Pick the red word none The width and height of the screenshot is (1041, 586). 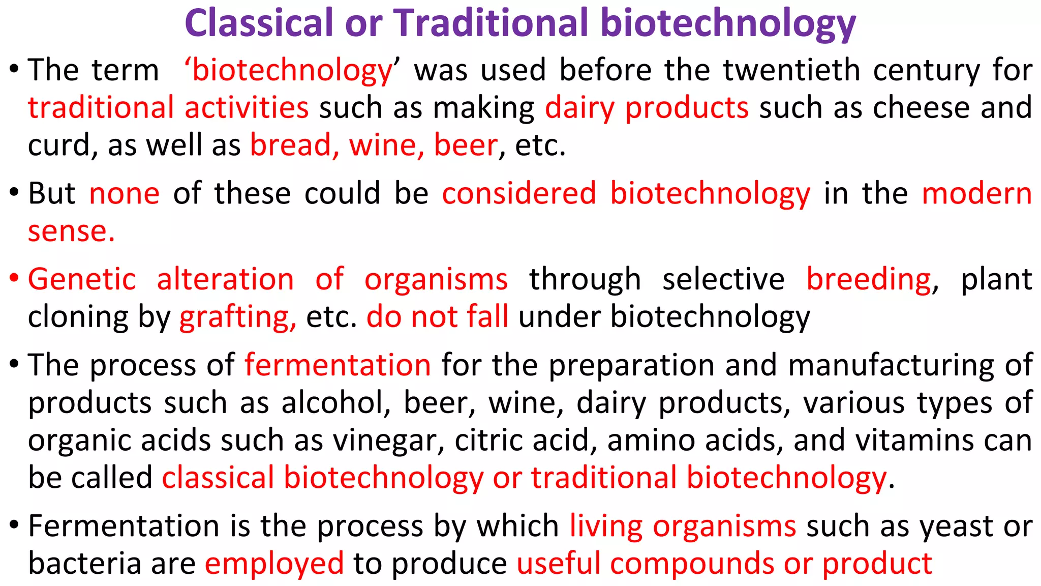[125, 194]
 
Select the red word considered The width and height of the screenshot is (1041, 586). [519, 194]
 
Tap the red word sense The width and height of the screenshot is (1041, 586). [71, 231]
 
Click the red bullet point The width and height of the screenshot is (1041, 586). [14, 278]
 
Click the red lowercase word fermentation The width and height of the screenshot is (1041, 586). [338, 365]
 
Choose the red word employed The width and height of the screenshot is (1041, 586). [274, 564]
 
